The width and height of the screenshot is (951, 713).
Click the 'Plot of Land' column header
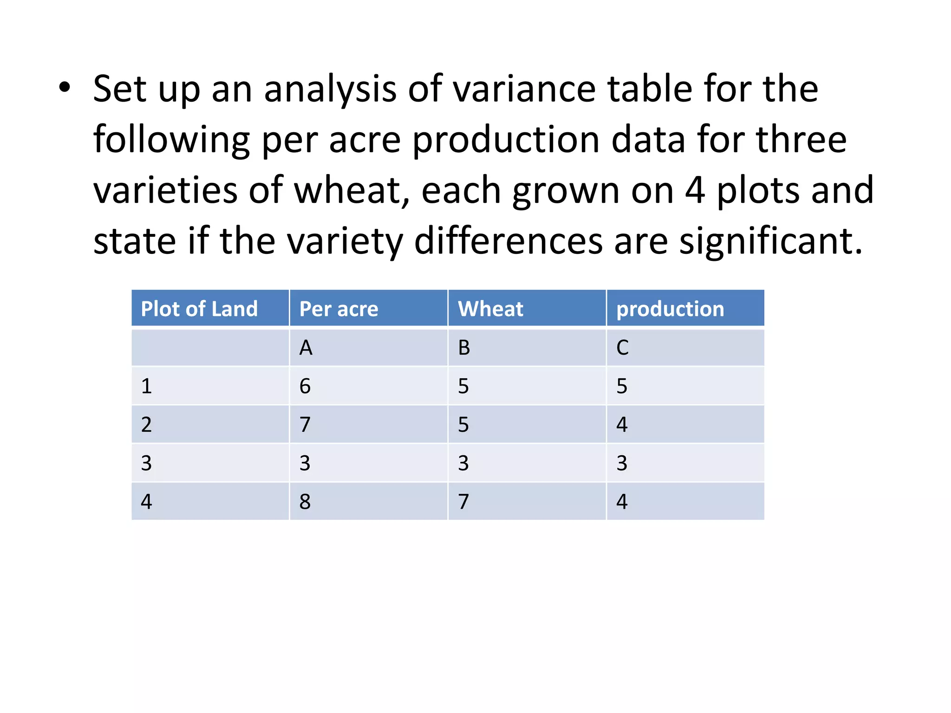[199, 309]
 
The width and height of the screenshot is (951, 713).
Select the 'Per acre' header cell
[339, 309]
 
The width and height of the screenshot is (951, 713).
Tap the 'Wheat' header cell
[490, 309]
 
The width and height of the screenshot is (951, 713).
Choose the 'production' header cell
[670, 309]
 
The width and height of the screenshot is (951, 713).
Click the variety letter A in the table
[306, 348]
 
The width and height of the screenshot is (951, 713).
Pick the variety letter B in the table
[464, 348]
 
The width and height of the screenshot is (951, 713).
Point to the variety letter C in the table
[622, 348]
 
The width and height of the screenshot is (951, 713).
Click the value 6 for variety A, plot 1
[305, 386]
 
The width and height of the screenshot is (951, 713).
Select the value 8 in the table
[305, 502]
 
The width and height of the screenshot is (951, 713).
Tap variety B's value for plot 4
[463, 502]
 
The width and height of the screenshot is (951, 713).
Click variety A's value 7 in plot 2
[305, 425]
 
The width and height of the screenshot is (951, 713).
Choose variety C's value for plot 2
[622, 425]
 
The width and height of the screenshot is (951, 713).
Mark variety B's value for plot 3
[463, 463]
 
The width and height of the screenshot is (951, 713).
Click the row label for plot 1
[146, 386]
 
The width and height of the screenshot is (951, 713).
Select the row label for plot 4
[146, 502]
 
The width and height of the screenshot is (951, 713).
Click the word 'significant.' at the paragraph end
[771, 241]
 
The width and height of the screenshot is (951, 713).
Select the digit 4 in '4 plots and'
[695, 190]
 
